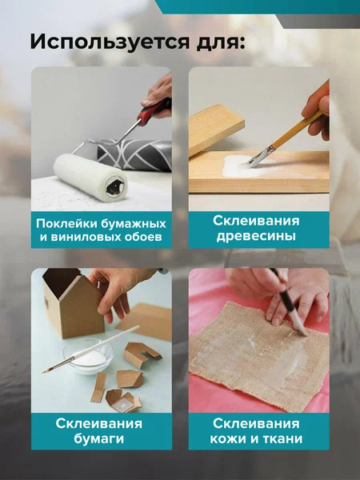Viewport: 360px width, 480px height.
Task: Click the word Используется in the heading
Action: (110, 42)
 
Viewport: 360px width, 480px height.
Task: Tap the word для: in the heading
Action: (221, 42)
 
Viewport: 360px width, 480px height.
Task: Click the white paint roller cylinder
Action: (90, 177)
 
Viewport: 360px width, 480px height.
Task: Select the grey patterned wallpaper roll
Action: (134, 154)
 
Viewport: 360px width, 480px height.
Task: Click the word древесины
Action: (256, 236)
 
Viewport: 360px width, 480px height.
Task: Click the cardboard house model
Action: (73, 302)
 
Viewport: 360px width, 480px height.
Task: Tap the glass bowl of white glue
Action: (88, 357)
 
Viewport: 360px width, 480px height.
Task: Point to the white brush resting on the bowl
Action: (90, 350)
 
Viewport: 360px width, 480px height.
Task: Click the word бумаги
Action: (99, 438)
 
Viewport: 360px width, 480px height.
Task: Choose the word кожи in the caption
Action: (228, 438)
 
